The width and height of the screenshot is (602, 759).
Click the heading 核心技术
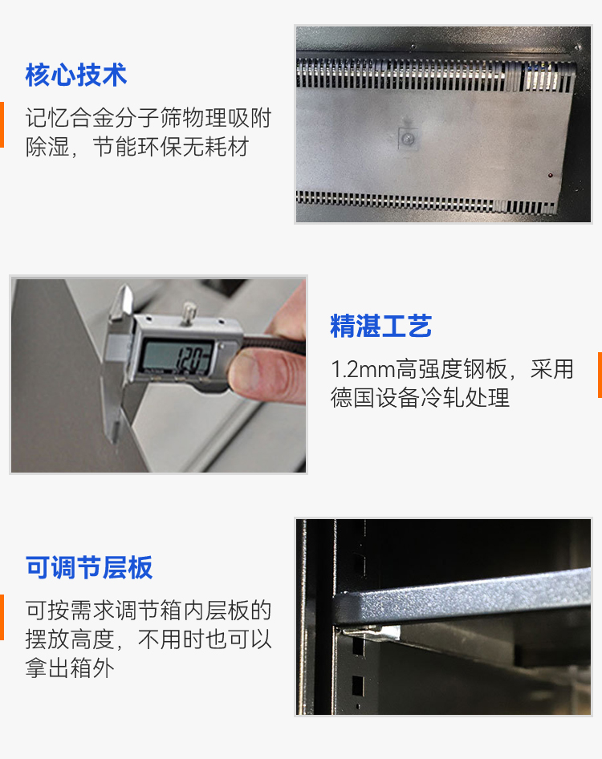[x=76, y=75]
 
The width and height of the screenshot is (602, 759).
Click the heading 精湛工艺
[x=380, y=325]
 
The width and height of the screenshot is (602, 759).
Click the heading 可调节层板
[x=89, y=567]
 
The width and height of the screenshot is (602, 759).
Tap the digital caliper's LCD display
[x=177, y=358]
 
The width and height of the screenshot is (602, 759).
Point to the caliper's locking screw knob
[x=188, y=310]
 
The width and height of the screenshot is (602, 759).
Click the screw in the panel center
[x=408, y=139]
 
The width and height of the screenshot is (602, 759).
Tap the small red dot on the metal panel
[x=550, y=175]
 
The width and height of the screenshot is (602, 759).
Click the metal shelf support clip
[x=372, y=631]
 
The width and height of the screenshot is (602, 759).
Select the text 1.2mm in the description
[x=363, y=369]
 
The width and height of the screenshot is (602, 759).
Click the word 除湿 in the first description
[x=47, y=147]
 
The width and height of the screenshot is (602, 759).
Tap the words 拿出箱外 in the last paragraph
[x=70, y=668]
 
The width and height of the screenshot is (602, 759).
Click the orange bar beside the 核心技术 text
[x=2, y=124]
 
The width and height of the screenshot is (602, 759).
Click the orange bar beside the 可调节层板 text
[x=2, y=617]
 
